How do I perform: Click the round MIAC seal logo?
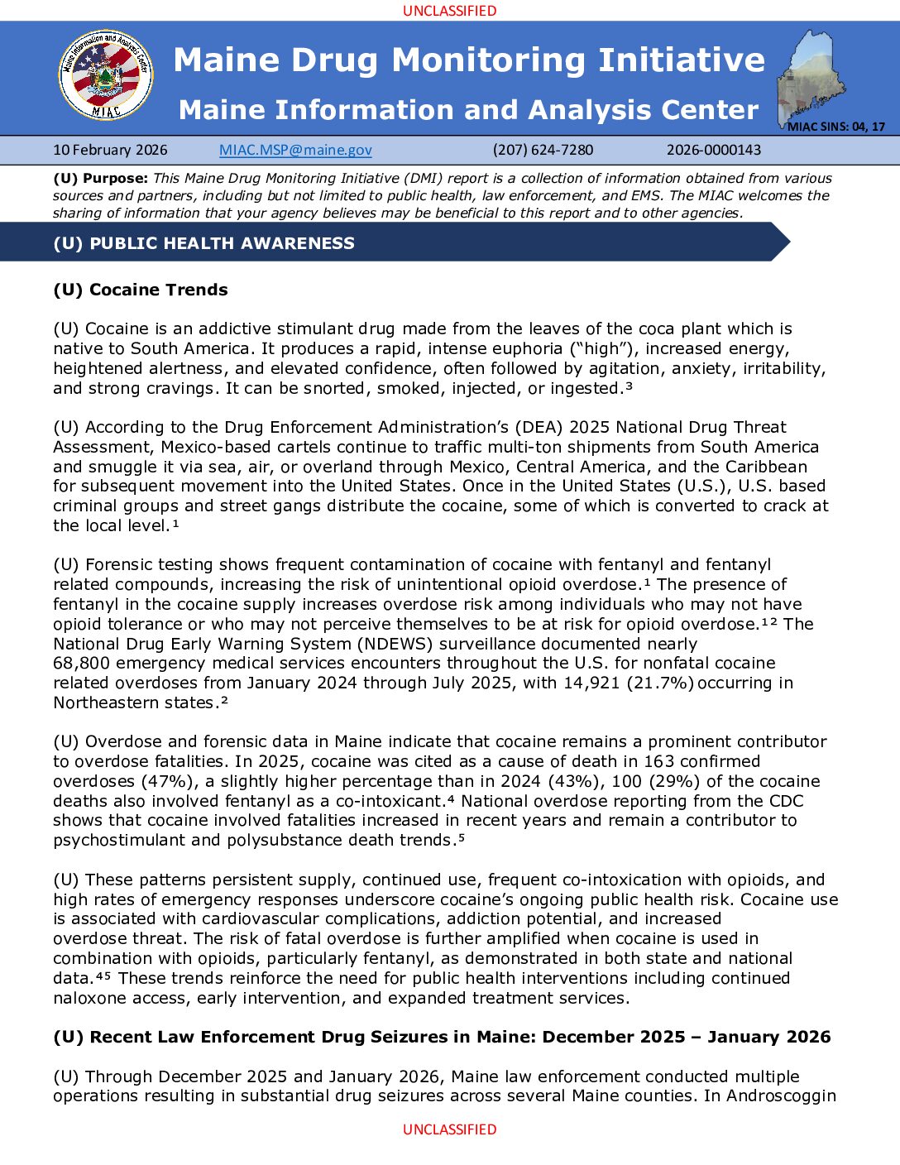tap(106, 75)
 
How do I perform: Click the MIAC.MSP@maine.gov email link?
tap(295, 150)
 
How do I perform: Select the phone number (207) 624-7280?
tap(543, 150)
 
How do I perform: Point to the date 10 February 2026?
tap(110, 150)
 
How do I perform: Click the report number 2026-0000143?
tap(714, 150)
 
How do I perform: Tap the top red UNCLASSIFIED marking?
tap(449, 11)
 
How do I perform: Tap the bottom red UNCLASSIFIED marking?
tap(449, 1129)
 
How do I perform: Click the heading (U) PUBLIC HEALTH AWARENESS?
tap(203, 243)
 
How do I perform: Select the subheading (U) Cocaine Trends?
tap(141, 290)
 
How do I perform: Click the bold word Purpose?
tap(115, 178)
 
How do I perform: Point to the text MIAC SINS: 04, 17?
tap(835, 127)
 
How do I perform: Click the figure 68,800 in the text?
tap(80, 663)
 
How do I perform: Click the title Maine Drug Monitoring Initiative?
tap(469, 60)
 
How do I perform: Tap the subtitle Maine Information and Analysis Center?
tap(468, 109)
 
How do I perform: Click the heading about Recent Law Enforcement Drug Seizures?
tap(442, 1037)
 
